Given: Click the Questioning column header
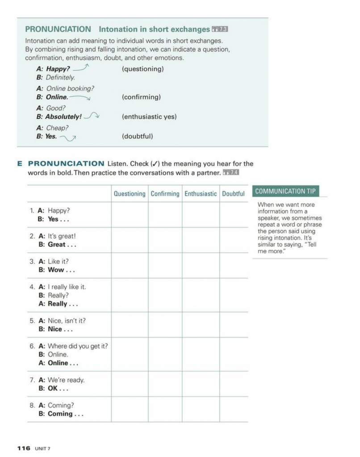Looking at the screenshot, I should [130, 194].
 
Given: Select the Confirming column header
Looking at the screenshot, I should [165, 194].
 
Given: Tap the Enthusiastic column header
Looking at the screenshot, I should [201, 194].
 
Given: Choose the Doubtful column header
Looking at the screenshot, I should [233, 194].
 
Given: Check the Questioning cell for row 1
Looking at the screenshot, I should [130, 215].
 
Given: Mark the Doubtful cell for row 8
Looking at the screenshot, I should [233, 409].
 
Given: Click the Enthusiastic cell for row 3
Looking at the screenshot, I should [201, 266].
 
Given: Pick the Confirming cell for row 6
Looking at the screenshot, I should [165, 354].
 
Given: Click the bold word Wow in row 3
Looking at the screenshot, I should [56, 270].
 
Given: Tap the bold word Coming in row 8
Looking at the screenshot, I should [60, 414].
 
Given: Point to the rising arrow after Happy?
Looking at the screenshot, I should [81, 68].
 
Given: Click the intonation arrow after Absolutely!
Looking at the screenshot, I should [92, 116].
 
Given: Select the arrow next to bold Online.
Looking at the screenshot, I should [80, 97].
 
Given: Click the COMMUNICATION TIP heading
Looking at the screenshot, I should [285, 191].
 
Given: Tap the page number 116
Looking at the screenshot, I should [23, 448].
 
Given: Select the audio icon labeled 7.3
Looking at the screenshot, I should [220, 29].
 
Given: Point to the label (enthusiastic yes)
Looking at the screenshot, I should [149, 117].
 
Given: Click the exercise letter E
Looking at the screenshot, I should [20, 164].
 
